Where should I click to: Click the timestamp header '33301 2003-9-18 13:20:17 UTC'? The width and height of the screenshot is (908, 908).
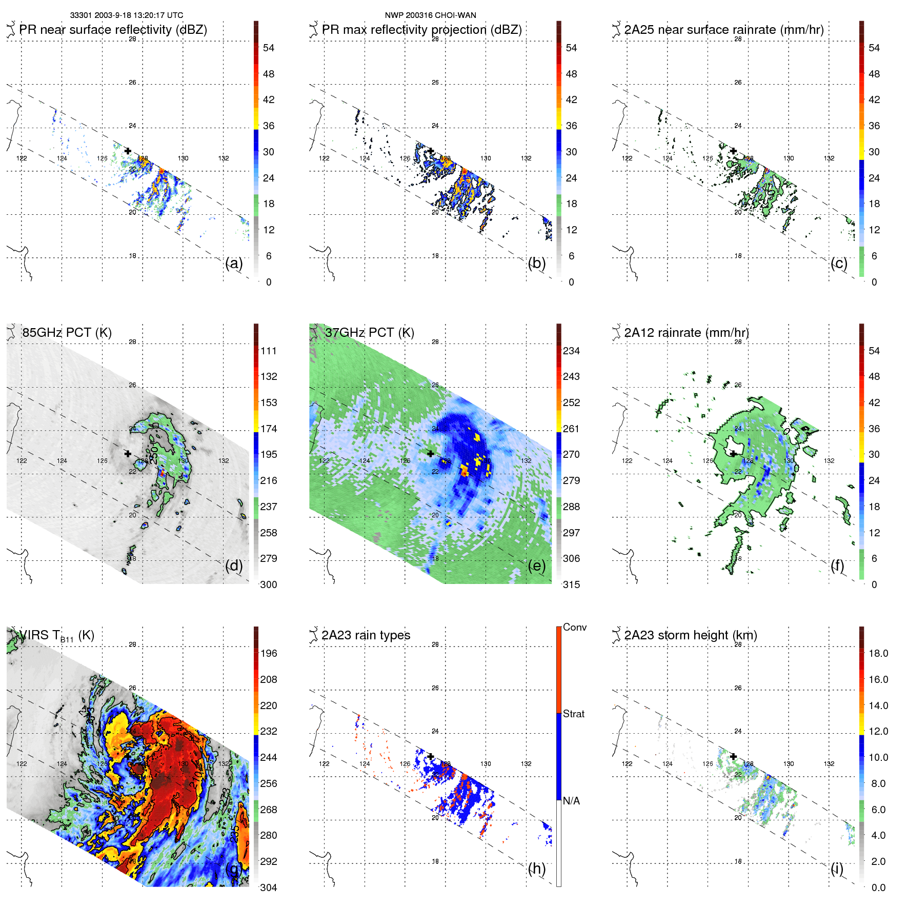[x=126, y=15]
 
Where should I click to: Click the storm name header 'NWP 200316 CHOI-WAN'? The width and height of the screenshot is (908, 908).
[x=430, y=15]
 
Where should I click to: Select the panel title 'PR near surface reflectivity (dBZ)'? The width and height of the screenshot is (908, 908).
[x=113, y=30]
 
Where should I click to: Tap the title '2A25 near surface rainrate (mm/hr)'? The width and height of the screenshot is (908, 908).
[x=724, y=30]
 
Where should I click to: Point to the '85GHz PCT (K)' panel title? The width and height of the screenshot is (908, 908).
[x=67, y=333]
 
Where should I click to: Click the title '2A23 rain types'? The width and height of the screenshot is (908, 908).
[x=366, y=635]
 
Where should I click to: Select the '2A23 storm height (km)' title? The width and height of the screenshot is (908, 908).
[x=691, y=635]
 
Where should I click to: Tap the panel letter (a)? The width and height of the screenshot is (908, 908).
[x=234, y=263]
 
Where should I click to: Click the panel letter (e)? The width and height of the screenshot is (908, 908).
[x=537, y=566]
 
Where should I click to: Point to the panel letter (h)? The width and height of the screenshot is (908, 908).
[x=537, y=868]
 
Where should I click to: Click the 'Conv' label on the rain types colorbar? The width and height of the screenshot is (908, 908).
[x=575, y=627]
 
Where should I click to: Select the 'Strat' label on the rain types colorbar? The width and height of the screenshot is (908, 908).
[x=574, y=714]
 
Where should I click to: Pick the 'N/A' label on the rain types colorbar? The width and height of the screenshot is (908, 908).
[x=571, y=801]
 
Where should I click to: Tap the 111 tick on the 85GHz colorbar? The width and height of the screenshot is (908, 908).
[x=269, y=351]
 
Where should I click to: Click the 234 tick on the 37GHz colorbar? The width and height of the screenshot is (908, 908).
[x=571, y=351]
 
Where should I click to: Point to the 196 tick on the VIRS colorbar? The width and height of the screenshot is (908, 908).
[x=269, y=653]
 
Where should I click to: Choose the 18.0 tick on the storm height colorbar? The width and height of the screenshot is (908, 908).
[x=878, y=653]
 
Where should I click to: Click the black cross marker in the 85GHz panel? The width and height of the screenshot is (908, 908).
[x=128, y=454]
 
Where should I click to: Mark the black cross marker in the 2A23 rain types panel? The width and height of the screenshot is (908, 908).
[x=431, y=756]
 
